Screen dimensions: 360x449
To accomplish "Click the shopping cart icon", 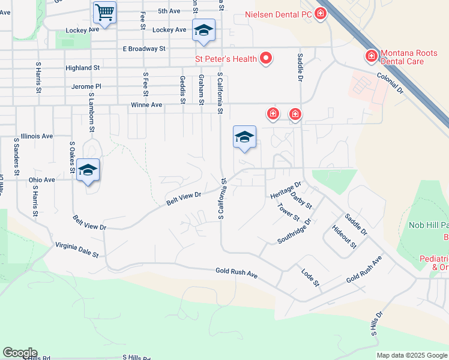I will (105, 12).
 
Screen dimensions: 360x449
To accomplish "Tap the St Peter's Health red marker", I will (265, 59).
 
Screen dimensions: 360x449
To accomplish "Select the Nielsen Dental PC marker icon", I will (320, 13).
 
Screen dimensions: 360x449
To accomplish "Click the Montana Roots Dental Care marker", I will (372, 56).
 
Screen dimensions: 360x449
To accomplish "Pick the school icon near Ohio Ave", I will (88, 170).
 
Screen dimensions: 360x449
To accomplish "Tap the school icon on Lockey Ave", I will (203, 31).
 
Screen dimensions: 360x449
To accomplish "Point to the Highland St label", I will (83, 68).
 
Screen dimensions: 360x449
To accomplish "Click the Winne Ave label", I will (146, 105).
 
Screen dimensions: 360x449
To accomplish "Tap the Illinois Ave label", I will (37, 136).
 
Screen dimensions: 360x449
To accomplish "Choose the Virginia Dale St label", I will (77, 250).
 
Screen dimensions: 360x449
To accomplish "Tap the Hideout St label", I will (344, 237).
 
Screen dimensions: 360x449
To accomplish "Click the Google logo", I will (19, 353).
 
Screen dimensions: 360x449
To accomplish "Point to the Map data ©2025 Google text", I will (412, 355).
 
